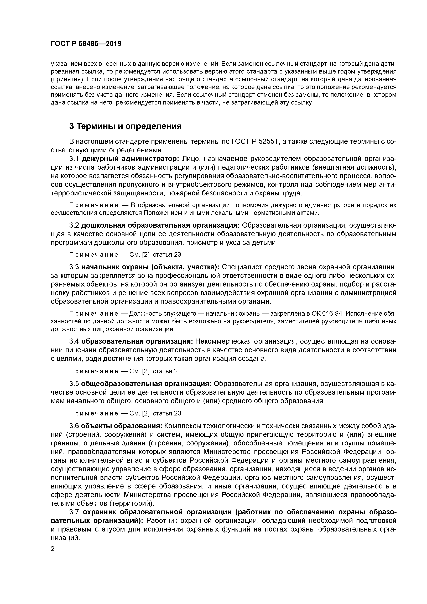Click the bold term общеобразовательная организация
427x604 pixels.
[x=146, y=384]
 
